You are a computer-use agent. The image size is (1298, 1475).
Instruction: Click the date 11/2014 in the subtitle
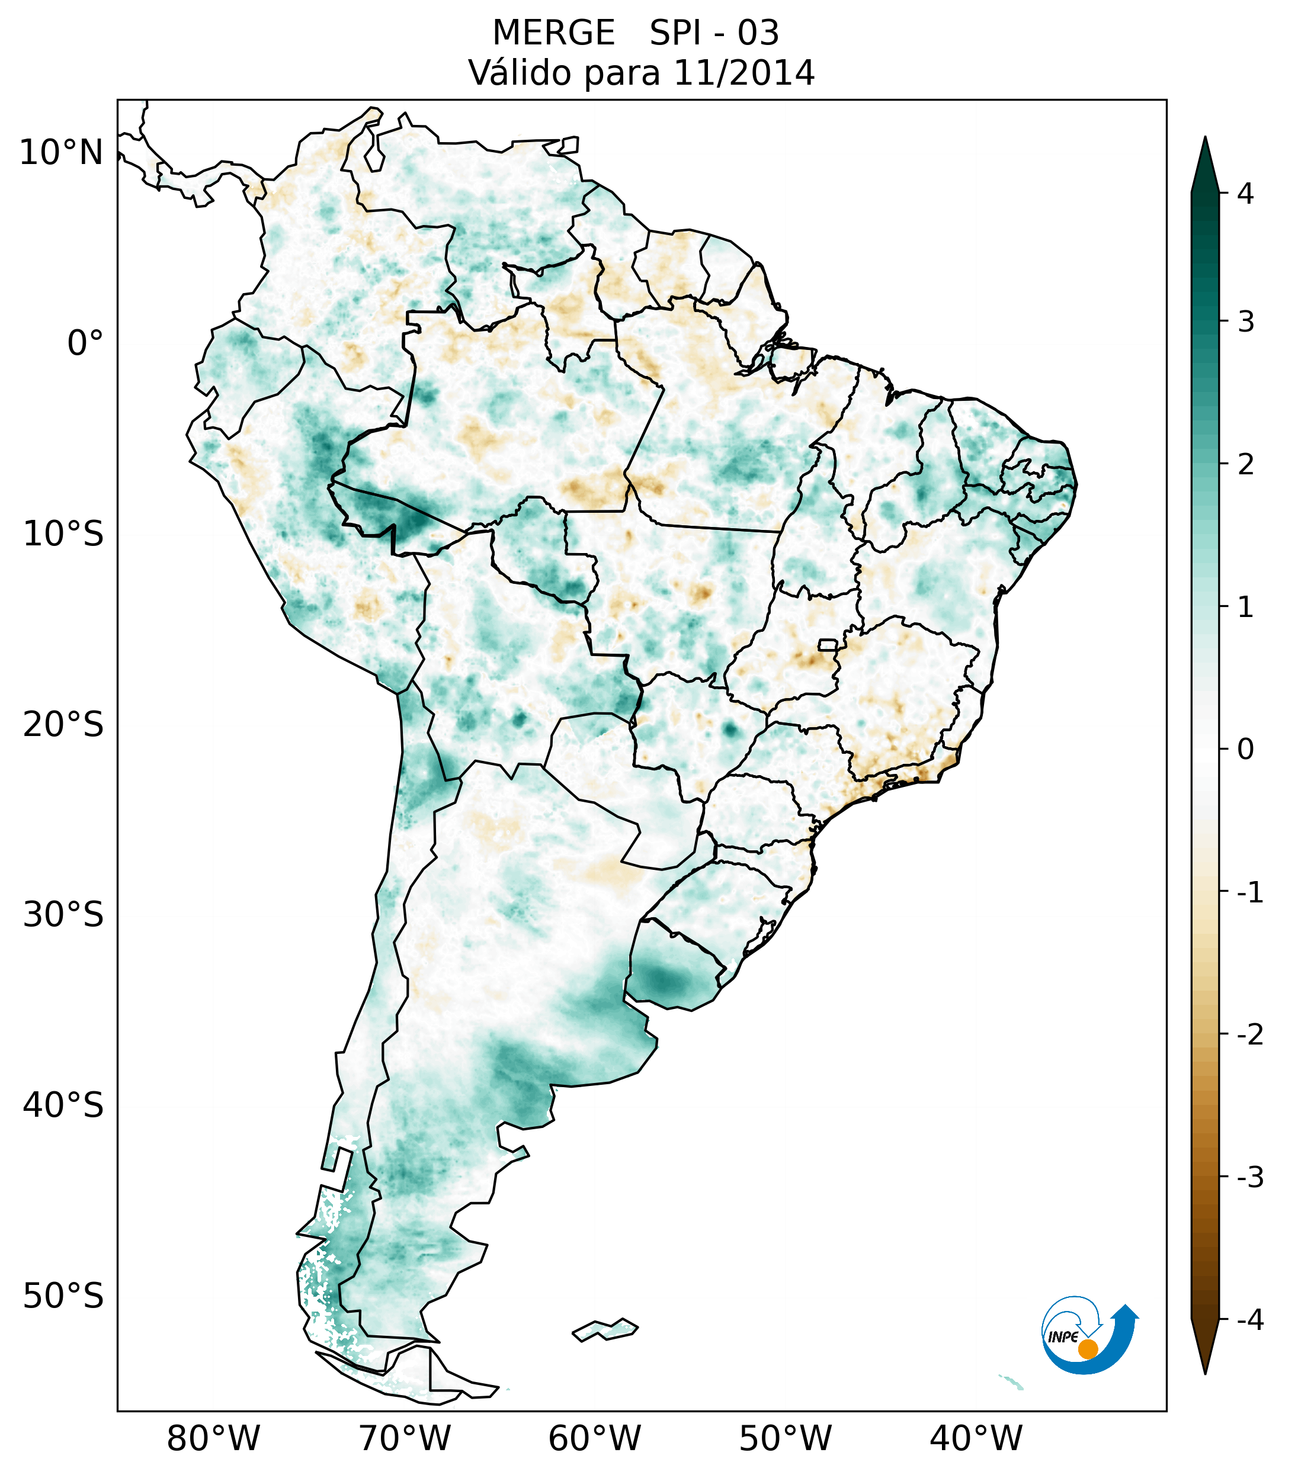coord(743,73)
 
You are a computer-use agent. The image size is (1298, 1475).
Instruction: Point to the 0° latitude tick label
coord(85,343)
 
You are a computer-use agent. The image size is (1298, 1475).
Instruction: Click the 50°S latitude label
coord(63,1296)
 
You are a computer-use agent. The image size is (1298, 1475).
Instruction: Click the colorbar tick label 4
coord(1245,194)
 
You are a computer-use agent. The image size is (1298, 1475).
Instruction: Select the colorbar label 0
coord(1245,750)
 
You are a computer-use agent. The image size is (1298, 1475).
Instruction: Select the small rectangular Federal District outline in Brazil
coord(828,644)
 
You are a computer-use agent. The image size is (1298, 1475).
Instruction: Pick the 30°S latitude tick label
coord(63,914)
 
